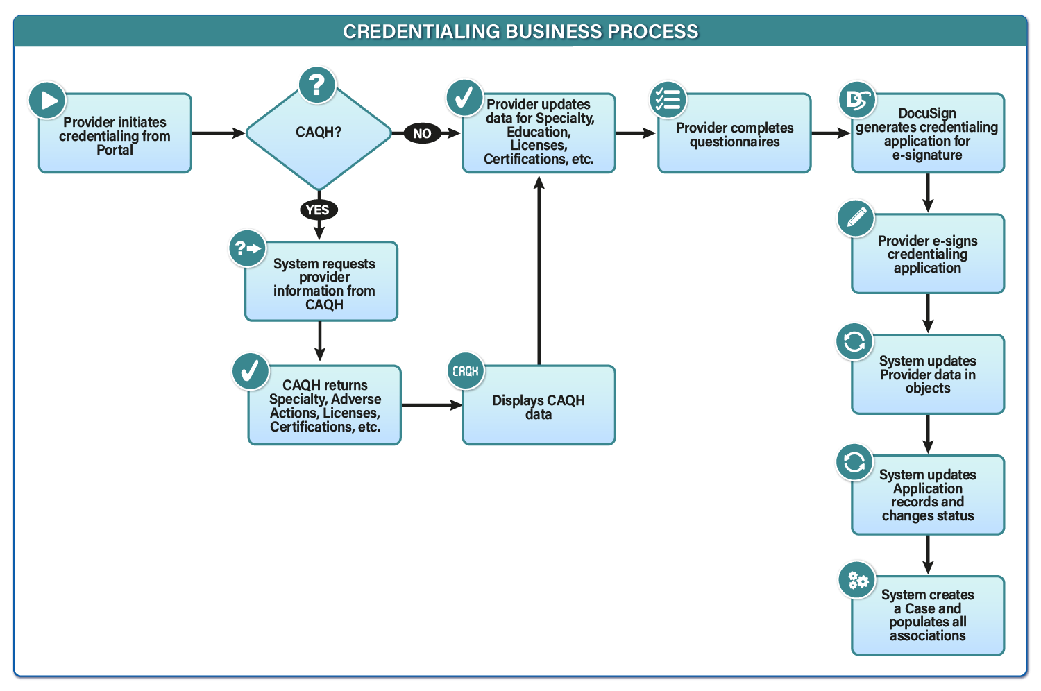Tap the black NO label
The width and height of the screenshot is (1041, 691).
point(422,133)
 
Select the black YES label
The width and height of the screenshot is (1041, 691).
point(318,210)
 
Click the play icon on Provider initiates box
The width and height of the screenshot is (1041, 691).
point(47,101)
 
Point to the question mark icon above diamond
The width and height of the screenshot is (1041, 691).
point(317,85)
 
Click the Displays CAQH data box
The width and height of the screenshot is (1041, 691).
point(539,407)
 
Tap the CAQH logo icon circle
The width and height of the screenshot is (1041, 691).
point(466,371)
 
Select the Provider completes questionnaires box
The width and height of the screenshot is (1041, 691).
point(734,135)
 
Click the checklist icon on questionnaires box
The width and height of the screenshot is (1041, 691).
point(668,99)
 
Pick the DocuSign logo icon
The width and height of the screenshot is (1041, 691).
point(857,101)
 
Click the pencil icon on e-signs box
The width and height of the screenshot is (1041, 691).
point(856,219)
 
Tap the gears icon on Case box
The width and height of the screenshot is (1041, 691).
point(857,580)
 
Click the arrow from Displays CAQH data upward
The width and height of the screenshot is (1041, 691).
point(539,271)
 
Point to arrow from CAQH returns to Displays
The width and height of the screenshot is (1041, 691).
point(431,404)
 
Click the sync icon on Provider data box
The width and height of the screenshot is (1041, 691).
point(854,341)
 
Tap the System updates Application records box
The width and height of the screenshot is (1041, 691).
point(928,495)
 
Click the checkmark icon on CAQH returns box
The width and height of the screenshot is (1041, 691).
point(251,371)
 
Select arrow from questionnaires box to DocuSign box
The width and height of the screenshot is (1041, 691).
point(831,133)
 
